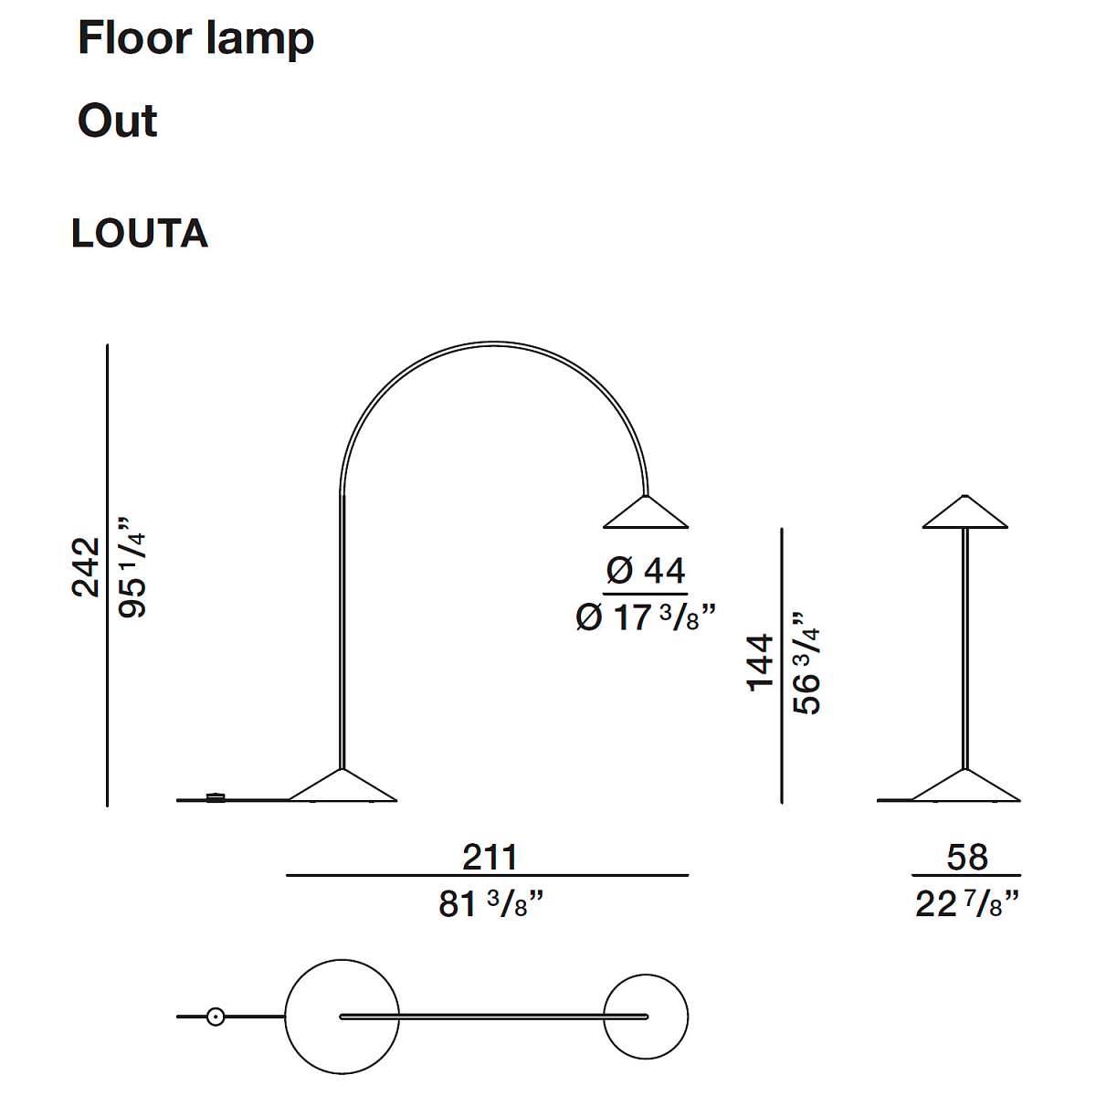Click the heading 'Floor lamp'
[x=195, y=39]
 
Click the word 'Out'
[x=117, y=121]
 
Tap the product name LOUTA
[x=140, y=233]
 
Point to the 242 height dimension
[x=86, y=567]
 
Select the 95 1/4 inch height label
[x=132, y=567]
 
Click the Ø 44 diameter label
[x=646, y=571]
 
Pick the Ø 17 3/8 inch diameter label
[x=645, y=616]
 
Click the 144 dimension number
[x=761, y=663]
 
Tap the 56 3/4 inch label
[x=806, y=663]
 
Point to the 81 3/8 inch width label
[x=490, y=904]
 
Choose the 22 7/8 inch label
[x=967, y=904]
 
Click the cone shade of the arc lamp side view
[x=646, y=513]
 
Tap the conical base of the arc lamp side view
[x=342, y=786]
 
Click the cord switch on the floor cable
[x=216, y=797]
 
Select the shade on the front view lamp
[x=964, y=512]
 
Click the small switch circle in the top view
[x=215, y=1017]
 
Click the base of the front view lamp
[x=964, y=786]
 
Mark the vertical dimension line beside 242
[x=107, y=575]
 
